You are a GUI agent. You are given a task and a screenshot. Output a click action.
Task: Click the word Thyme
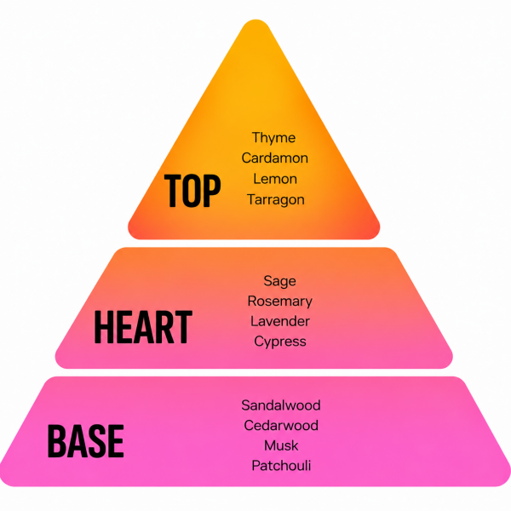click(x=273, y=138)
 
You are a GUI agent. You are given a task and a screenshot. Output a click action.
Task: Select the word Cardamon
click(x=275, y=158)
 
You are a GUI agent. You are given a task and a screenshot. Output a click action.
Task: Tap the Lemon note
click(x=275, y=179)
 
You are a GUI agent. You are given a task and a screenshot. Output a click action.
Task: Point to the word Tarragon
click(x=276, y=200)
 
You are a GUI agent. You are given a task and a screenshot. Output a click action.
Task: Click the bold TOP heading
click(x=192, y=191)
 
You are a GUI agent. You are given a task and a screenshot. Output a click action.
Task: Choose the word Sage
click(x=279, y=281)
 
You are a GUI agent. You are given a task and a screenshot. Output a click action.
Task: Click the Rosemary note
click(x=279, y=301)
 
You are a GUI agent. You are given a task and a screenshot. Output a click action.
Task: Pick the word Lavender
click(x=280, y=321)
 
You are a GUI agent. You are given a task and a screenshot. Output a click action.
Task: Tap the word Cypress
click(x=280, y=342)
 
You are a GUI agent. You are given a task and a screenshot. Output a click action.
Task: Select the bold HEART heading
click(x=143, y=327)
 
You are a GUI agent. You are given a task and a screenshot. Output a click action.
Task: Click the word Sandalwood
click(x=281, y=405)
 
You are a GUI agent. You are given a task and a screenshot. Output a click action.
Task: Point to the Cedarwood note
click(x=281, y=426)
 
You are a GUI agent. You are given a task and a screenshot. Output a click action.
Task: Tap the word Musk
click(x=281, y=445)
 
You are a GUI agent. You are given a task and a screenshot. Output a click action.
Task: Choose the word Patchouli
click(x=281, y=466)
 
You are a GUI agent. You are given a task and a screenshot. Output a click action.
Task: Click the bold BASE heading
click(x=86, y=441)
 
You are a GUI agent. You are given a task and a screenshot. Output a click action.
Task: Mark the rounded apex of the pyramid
click(x=255, y=20)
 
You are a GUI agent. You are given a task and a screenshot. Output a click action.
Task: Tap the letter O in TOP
click(x=192, y=191)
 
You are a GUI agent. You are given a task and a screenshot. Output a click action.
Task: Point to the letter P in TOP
click(x=213, y=191)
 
